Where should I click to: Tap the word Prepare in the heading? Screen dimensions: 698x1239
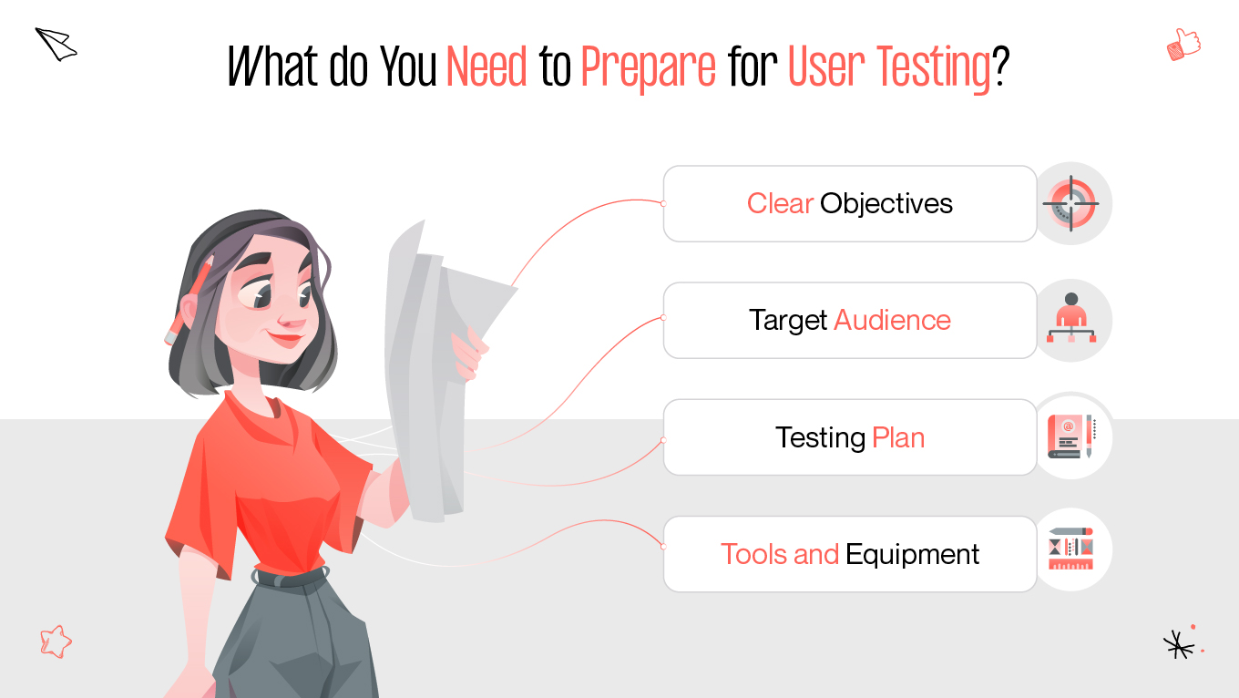point(648,67)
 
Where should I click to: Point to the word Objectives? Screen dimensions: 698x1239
point(886,203)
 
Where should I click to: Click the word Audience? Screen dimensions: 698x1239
point(892,320)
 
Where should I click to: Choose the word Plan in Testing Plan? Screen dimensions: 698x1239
point(898,437)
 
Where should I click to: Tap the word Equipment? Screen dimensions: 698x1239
point(912,554)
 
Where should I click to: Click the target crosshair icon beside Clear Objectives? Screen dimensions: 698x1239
point(1071,203)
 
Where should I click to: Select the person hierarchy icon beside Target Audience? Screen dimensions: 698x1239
point(1071,320)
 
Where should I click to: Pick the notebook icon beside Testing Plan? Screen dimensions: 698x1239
point(1070,436)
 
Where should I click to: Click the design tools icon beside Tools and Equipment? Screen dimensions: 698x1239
point(1070,549)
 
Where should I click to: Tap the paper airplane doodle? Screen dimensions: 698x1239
point(56,44)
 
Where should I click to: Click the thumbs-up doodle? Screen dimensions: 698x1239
point(1183,44)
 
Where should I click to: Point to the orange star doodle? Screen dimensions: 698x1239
point(56,642)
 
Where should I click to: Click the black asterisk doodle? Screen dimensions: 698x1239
point(1179,644)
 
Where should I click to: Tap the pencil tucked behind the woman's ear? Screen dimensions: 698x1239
point(189,301)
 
